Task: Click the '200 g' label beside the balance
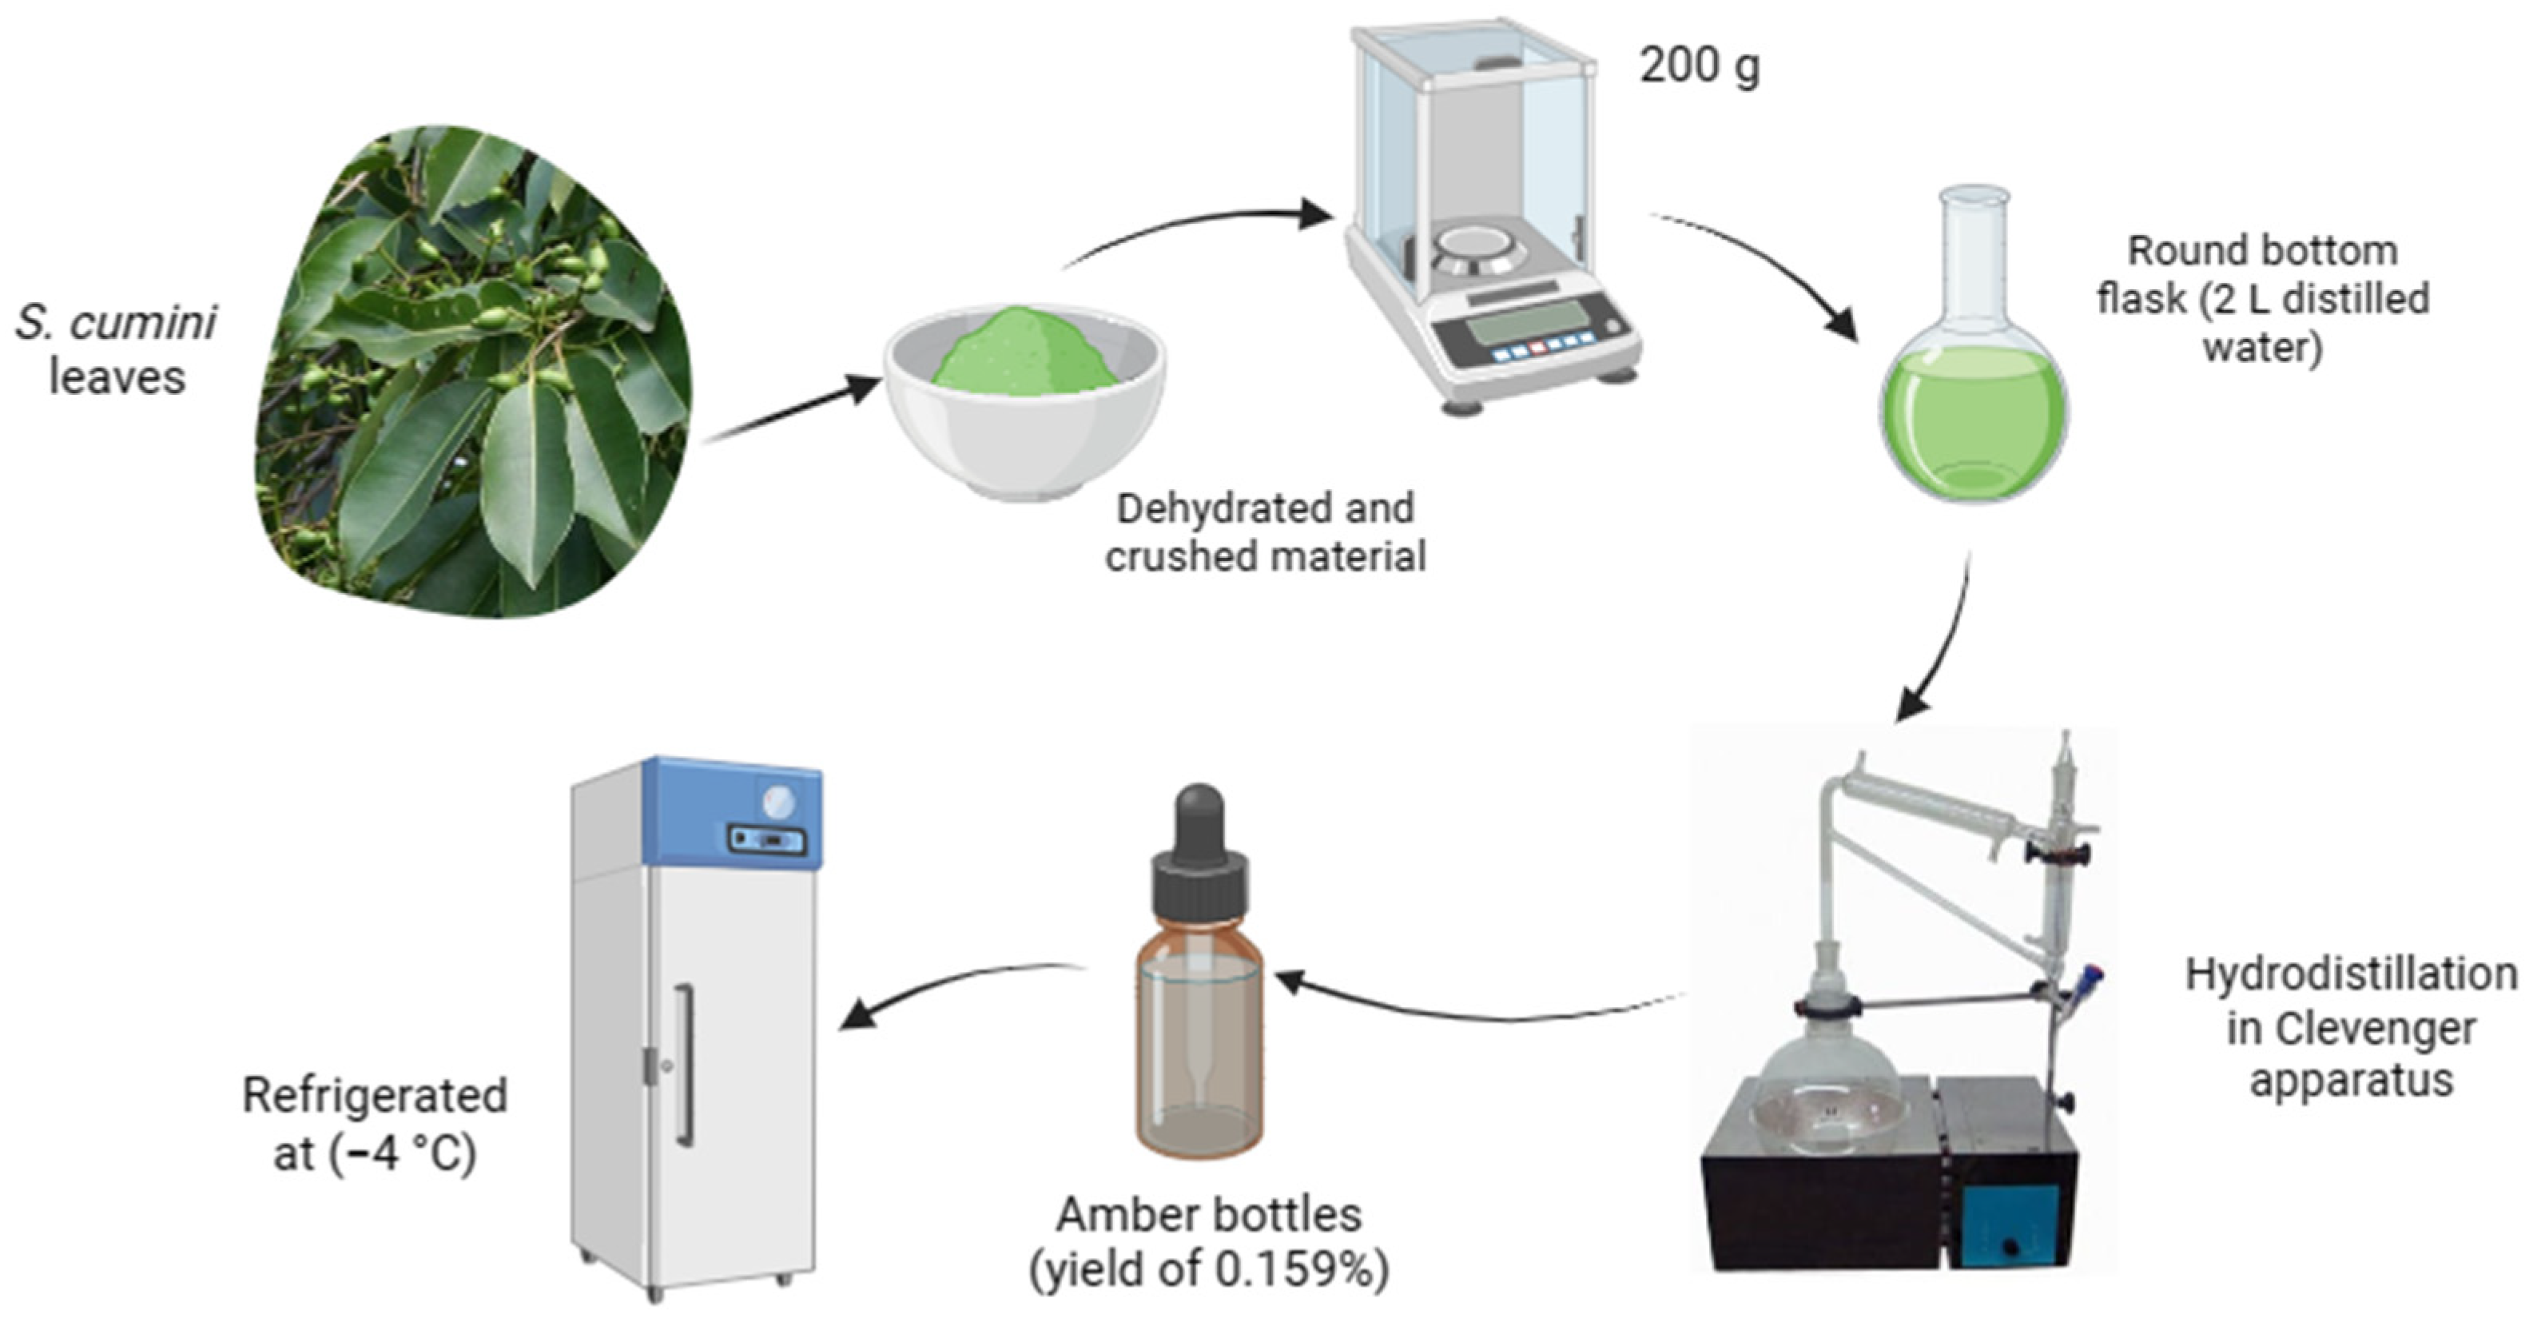1698,67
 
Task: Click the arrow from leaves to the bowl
793,411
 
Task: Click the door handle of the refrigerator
683,1064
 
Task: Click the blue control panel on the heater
2009,1226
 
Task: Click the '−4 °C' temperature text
404,1153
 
